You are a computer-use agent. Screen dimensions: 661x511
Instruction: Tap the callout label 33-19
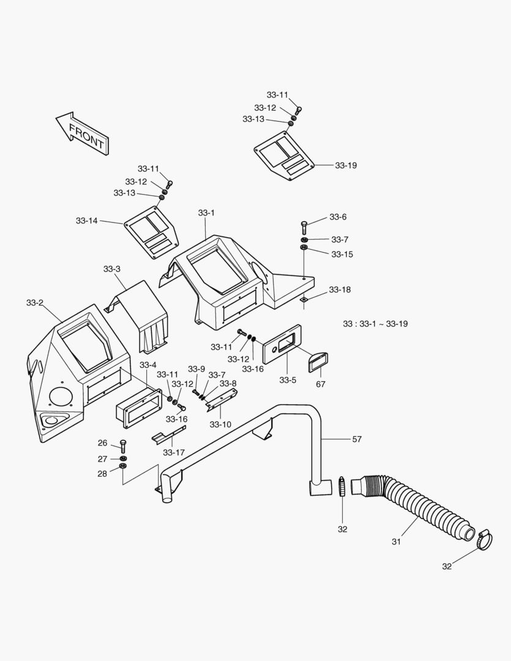coord(346,165)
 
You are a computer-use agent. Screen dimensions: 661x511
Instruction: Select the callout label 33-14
coord(87,221)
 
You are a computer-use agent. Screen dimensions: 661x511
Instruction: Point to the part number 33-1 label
coord(206,212)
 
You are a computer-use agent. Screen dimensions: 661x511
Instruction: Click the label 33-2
coord(35,302)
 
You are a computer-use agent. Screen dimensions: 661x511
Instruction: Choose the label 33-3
coord(111,269)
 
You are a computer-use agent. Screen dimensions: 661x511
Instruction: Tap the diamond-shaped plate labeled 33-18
coord(304,300)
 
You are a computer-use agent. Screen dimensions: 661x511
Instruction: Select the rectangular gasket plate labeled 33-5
coord(282,345)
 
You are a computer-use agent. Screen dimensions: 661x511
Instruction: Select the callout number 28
coord(102,474)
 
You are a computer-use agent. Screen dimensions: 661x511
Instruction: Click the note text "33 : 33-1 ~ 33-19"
coord(375,323)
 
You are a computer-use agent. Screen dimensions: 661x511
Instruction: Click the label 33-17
coord(174,452)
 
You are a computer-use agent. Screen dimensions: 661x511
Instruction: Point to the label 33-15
coord(342,254)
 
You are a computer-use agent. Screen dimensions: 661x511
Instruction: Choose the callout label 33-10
coord(220,424)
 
